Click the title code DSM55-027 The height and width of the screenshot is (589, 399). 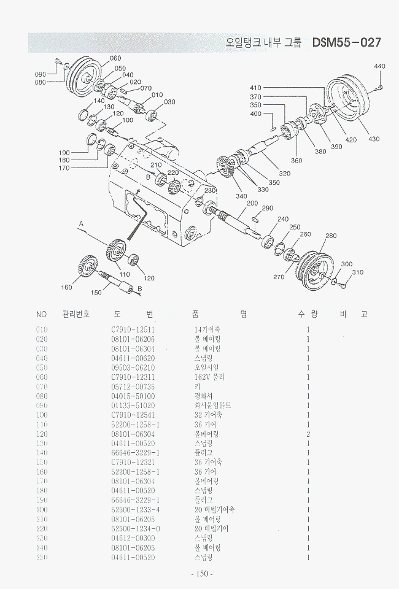point(346,43)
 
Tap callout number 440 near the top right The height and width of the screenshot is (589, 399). point(379,66)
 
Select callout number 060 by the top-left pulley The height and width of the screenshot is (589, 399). point(115,59)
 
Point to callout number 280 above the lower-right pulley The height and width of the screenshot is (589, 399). point(331,236)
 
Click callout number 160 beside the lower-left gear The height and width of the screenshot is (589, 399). point(66,287)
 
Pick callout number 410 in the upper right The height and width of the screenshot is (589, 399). point(255,88)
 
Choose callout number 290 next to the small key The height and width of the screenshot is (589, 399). point(266,209)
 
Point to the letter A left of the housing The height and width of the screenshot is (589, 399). point(80,225)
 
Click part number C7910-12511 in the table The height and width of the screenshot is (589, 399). point(133,329)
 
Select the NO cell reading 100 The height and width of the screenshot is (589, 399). point(42,415)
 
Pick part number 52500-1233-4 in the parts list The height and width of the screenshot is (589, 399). point(136,509)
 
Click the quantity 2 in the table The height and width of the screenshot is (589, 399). point(308,434)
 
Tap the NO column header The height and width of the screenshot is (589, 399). point(42,314)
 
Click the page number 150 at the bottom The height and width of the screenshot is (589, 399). point(202,574)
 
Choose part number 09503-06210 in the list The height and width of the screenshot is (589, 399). point(133,368)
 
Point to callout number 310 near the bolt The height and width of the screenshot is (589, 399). point(357,272)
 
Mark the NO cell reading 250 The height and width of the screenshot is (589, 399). point(42,557)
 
